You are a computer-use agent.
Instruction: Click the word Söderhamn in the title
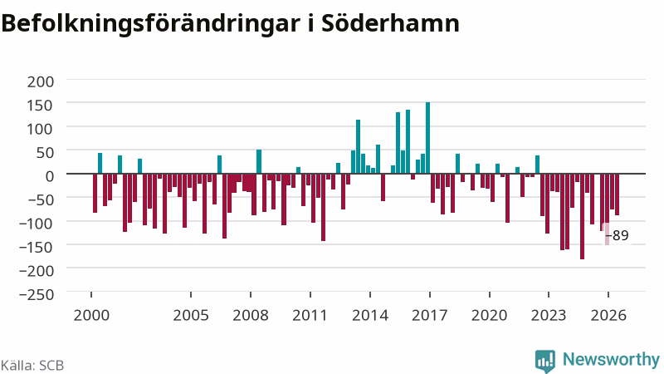390,23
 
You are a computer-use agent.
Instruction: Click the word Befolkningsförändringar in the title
150,25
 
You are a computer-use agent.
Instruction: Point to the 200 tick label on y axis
41,81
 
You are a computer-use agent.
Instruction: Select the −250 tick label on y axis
37,294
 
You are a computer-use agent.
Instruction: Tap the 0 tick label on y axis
50,176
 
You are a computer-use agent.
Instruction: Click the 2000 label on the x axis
91,316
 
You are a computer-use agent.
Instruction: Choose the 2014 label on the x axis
370,316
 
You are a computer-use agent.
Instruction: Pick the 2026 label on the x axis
608,316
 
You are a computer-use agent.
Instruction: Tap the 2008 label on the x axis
251,316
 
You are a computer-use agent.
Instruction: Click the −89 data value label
618,235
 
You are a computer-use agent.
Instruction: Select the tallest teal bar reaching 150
427,138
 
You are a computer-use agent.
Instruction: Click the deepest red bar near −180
583,216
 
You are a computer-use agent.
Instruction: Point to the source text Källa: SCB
32,365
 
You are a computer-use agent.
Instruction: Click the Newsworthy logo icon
545,362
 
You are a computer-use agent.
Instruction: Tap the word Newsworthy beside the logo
611,359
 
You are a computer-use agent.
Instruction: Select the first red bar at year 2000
95,193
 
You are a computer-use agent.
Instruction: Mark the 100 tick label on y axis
41,129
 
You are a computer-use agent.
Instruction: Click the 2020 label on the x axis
489,316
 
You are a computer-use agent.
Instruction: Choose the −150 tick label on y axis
37,247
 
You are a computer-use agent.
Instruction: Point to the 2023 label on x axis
549,316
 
